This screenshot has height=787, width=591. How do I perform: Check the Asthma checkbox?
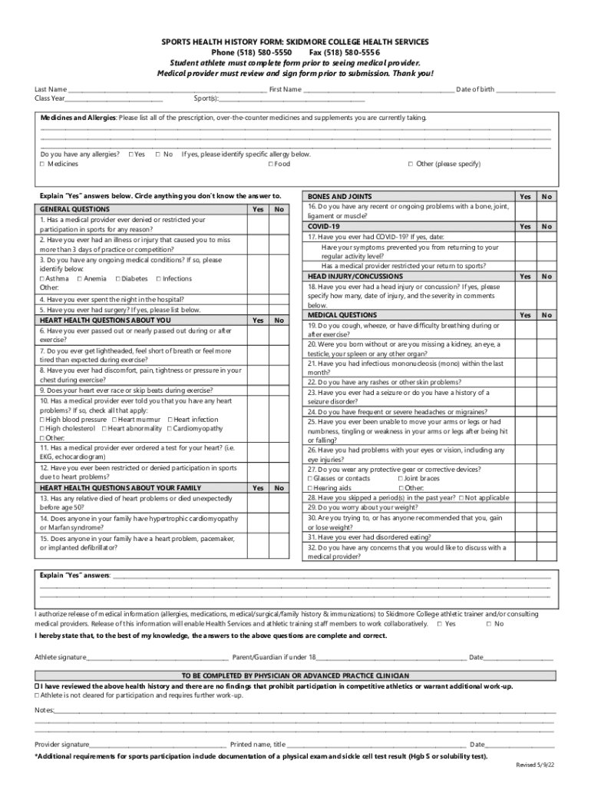tap(41, 279)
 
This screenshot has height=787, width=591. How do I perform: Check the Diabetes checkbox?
tap(118, 279)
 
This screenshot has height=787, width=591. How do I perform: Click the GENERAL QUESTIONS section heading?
tap(74, 209)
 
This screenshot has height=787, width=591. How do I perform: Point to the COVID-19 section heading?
tap(323, 227)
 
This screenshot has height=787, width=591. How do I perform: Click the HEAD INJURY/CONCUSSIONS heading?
tap(355, 276)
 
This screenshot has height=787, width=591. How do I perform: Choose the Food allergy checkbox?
tap(271, 164)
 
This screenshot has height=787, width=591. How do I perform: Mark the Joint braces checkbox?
tap(401, 478)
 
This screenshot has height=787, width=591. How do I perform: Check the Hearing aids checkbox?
tap(310, 488)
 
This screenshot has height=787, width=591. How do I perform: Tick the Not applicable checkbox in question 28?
tap(461, 498)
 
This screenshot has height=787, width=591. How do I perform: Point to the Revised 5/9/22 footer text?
tap(535, 765)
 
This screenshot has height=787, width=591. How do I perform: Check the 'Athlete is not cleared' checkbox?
tap(37, 696)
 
